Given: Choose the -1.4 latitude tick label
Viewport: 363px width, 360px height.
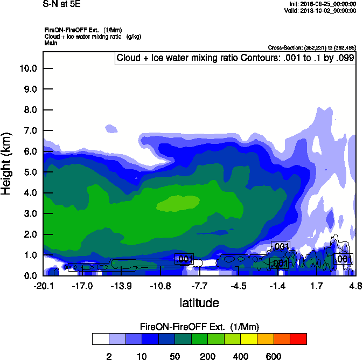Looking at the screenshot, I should click(277, 285).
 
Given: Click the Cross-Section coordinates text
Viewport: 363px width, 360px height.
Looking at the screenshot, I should click(312, 48).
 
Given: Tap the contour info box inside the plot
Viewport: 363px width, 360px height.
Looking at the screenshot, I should click(235, 58).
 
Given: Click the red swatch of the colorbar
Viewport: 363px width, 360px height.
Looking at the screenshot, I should click(298, 339).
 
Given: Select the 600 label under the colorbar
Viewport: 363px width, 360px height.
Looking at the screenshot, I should click(273, 356).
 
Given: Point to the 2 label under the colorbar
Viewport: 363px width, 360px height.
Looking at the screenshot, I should click(109, 356).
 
